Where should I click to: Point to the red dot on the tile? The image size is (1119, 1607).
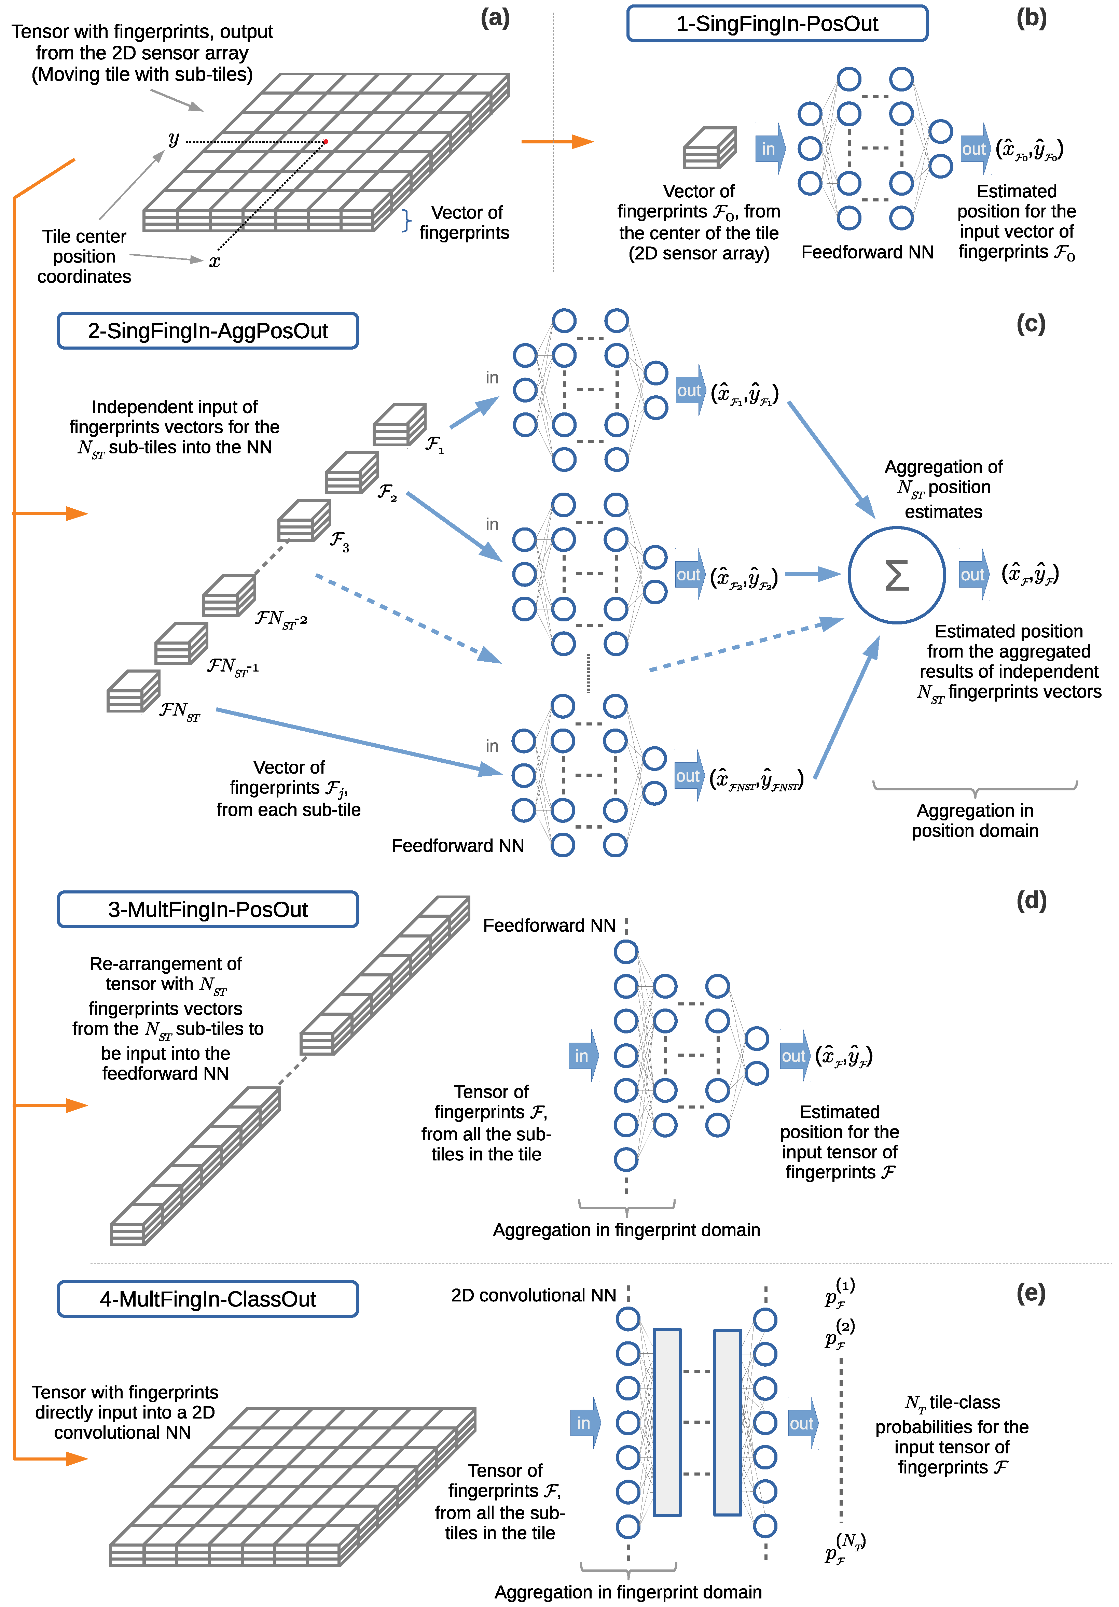point(326,142)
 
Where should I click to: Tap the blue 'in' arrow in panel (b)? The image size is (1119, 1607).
point(770,149)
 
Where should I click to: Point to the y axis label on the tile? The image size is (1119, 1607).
point(174,139)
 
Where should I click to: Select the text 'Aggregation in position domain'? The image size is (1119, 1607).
point(975,820)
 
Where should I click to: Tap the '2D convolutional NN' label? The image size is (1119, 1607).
point(534,1296)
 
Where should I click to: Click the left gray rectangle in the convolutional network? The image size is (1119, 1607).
point(667,1422)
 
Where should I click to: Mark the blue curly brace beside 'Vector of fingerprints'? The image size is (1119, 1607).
point(406,221)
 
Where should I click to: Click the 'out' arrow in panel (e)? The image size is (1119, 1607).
point(802,1424)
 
